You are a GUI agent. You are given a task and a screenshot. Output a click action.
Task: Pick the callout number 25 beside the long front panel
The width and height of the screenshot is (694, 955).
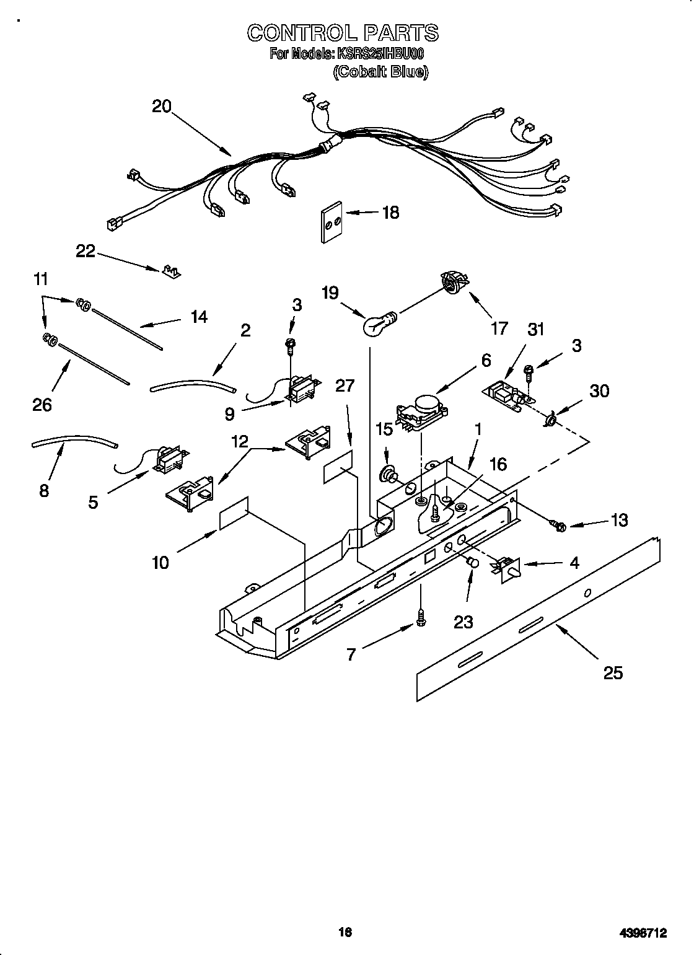pyautogui.click(x=613, y=672)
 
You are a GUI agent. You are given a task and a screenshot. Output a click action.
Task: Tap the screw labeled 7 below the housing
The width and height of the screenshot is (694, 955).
pyautogui.click(x=421, y=617)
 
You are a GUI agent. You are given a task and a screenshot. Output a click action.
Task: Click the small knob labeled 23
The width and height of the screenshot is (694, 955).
pyautogui.click(x=472, y=563)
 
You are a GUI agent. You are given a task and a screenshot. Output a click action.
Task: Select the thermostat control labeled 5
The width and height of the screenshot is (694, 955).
pyautogui.click(x=166, y=460)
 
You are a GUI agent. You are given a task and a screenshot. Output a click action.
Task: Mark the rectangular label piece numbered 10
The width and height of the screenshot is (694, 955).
pyautogui.click(x=234, y=513)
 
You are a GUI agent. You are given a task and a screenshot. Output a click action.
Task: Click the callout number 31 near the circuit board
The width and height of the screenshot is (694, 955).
pyautogui.click(x=535, y=329)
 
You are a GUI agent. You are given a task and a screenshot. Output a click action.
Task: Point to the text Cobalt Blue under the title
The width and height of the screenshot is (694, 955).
pyautogui.click(x=380, y=72)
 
